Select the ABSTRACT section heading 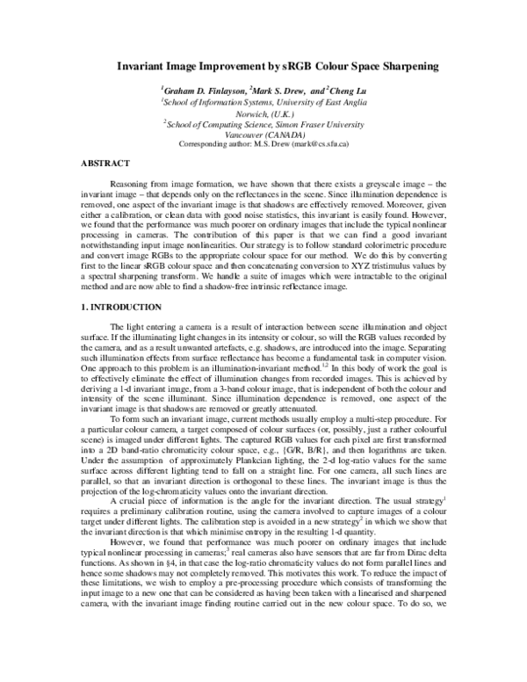click(105, 163)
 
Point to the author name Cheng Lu click(348, 90)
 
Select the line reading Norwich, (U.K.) click(263, 112)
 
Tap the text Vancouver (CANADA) click(263, 134)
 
